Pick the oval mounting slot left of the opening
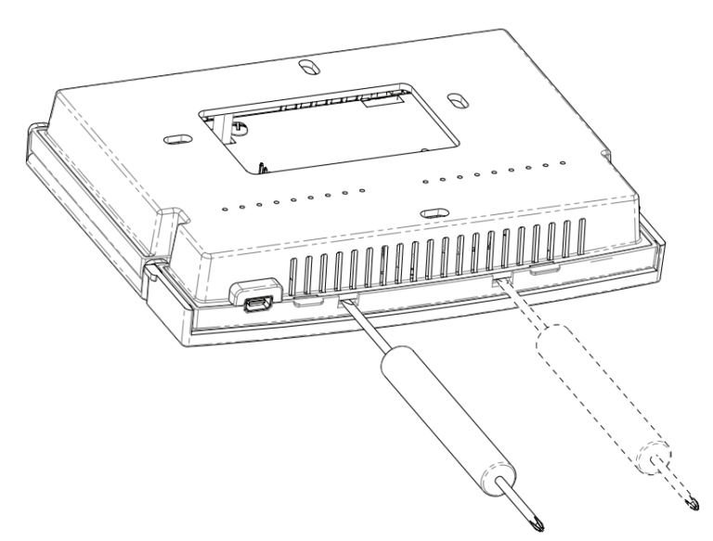[x=175, y=138]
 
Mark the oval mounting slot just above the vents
[x=430, y=213]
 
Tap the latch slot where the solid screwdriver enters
[x=347, y=300]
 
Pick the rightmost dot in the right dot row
[x=561, y=165]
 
